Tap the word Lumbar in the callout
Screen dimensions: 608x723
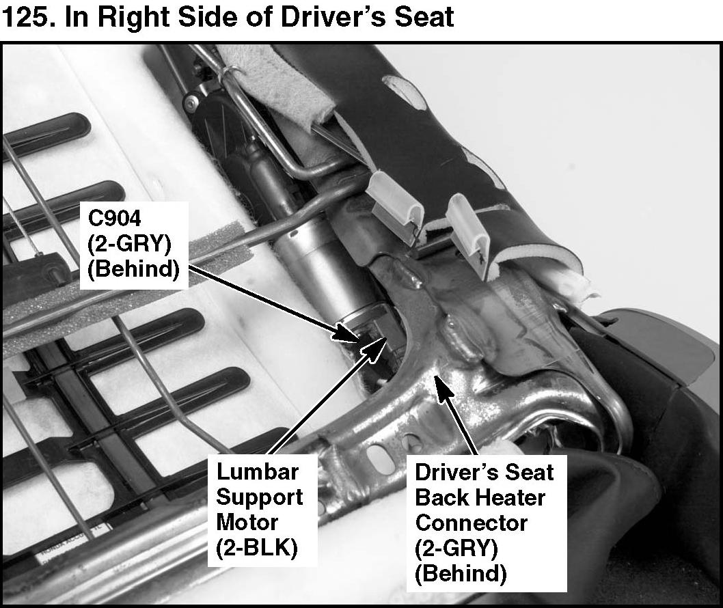point(258,471)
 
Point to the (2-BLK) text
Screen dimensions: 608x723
point(258,549)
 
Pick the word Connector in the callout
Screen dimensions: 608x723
point(472,523)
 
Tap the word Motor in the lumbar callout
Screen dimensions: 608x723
point(247,523)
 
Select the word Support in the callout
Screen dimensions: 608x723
point(260,497)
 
